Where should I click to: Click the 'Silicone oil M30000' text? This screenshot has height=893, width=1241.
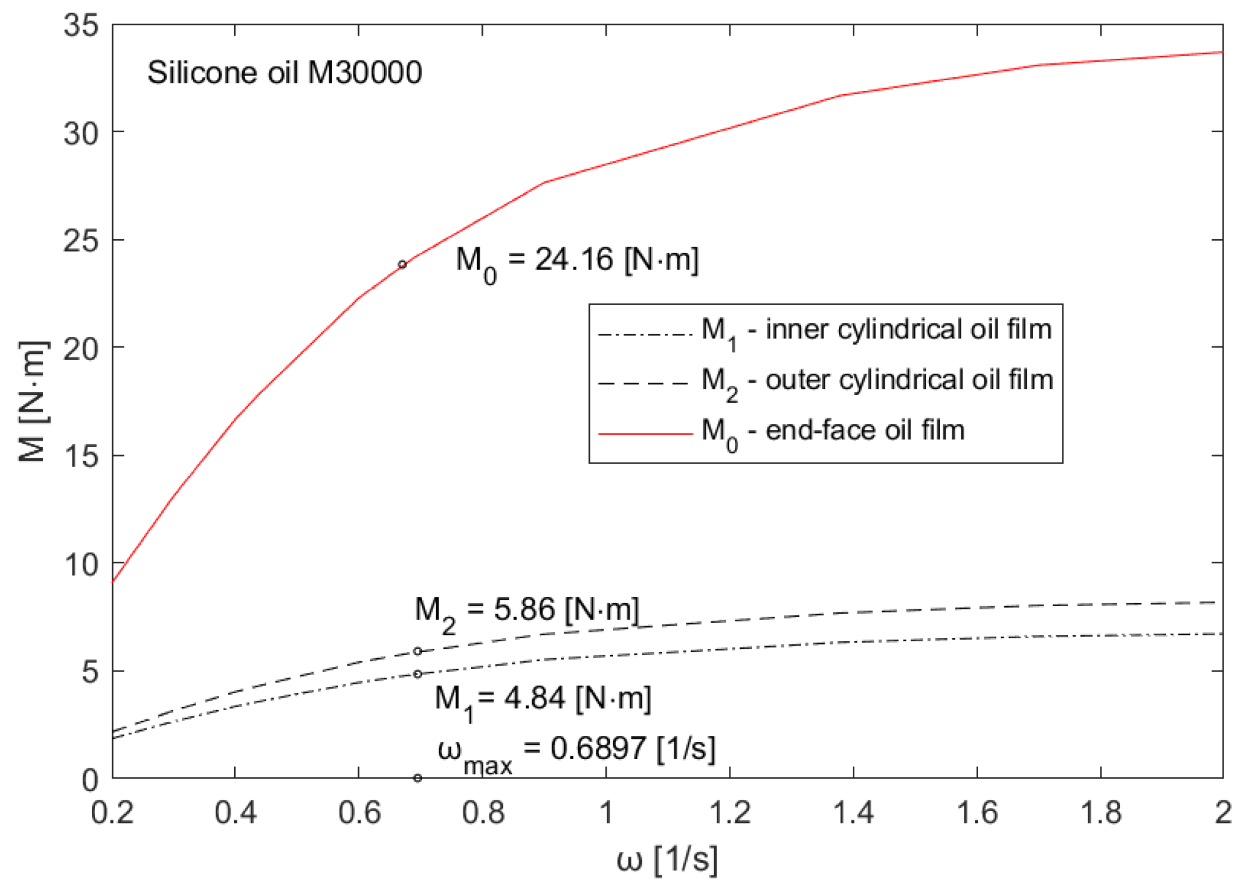click(x=284, y=73)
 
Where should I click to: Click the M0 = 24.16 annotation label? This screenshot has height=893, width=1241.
click(x=577, y=261)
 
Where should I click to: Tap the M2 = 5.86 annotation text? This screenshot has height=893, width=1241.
click(x=527, y=611)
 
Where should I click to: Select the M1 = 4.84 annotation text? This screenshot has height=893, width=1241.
click(x=543, y=699)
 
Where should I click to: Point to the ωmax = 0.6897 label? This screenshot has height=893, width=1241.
click(x=576, y=750)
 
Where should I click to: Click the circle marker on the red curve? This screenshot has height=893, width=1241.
click(x=403, y=264)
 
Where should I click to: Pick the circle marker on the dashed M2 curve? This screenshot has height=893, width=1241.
click(x=418, y=651)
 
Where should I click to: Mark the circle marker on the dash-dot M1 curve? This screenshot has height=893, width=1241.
click(x=418, y=674)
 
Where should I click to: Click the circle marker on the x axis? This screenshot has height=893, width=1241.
click(x=418, y=778)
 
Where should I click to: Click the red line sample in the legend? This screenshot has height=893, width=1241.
click(x=646, y=433)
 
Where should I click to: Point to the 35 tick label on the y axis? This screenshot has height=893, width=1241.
click(x=81, y=26)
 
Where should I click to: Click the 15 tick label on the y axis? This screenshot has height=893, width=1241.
click(x=81, y=457)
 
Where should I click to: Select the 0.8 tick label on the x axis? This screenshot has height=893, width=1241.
click(x=483, y=813)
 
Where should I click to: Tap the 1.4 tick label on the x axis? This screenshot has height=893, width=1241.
click(x=853, y=813)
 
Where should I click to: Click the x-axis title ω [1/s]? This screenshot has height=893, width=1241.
click(x=667, y=860)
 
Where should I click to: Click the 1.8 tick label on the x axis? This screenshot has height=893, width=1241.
click(x=1101, y=813)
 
